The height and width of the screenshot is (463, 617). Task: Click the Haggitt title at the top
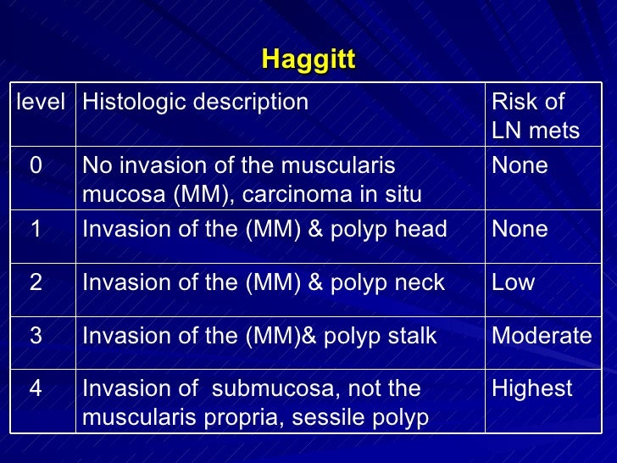(x=308, y=59)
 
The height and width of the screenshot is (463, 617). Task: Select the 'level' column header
(x=41, y=103)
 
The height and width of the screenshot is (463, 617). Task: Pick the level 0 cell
(x=36, y=166)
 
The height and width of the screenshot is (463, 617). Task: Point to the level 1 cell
(x=36, y=230)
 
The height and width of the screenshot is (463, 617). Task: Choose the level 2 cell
(x=36, y=283)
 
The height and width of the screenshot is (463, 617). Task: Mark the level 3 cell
(x=36, y=337)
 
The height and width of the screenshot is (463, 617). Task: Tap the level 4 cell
(x=36, y=389)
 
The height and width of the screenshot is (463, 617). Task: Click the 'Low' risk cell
(x=514, y=283)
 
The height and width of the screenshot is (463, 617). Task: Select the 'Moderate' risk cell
(x=542, y=337)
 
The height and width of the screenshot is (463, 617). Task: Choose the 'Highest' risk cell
(x=532, y=389)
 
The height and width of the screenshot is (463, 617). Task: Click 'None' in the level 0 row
(x=520, y=166)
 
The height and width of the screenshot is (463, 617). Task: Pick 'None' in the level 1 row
(x=520, y=230)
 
